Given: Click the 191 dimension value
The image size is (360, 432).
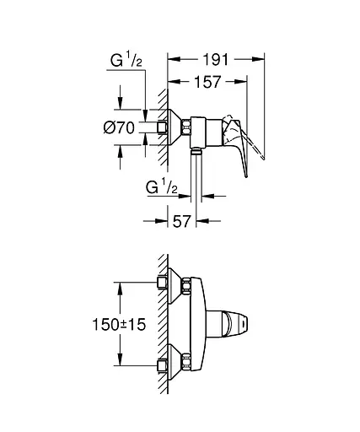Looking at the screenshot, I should point(217,60).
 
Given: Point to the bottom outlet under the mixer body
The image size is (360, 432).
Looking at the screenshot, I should point(196,152).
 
